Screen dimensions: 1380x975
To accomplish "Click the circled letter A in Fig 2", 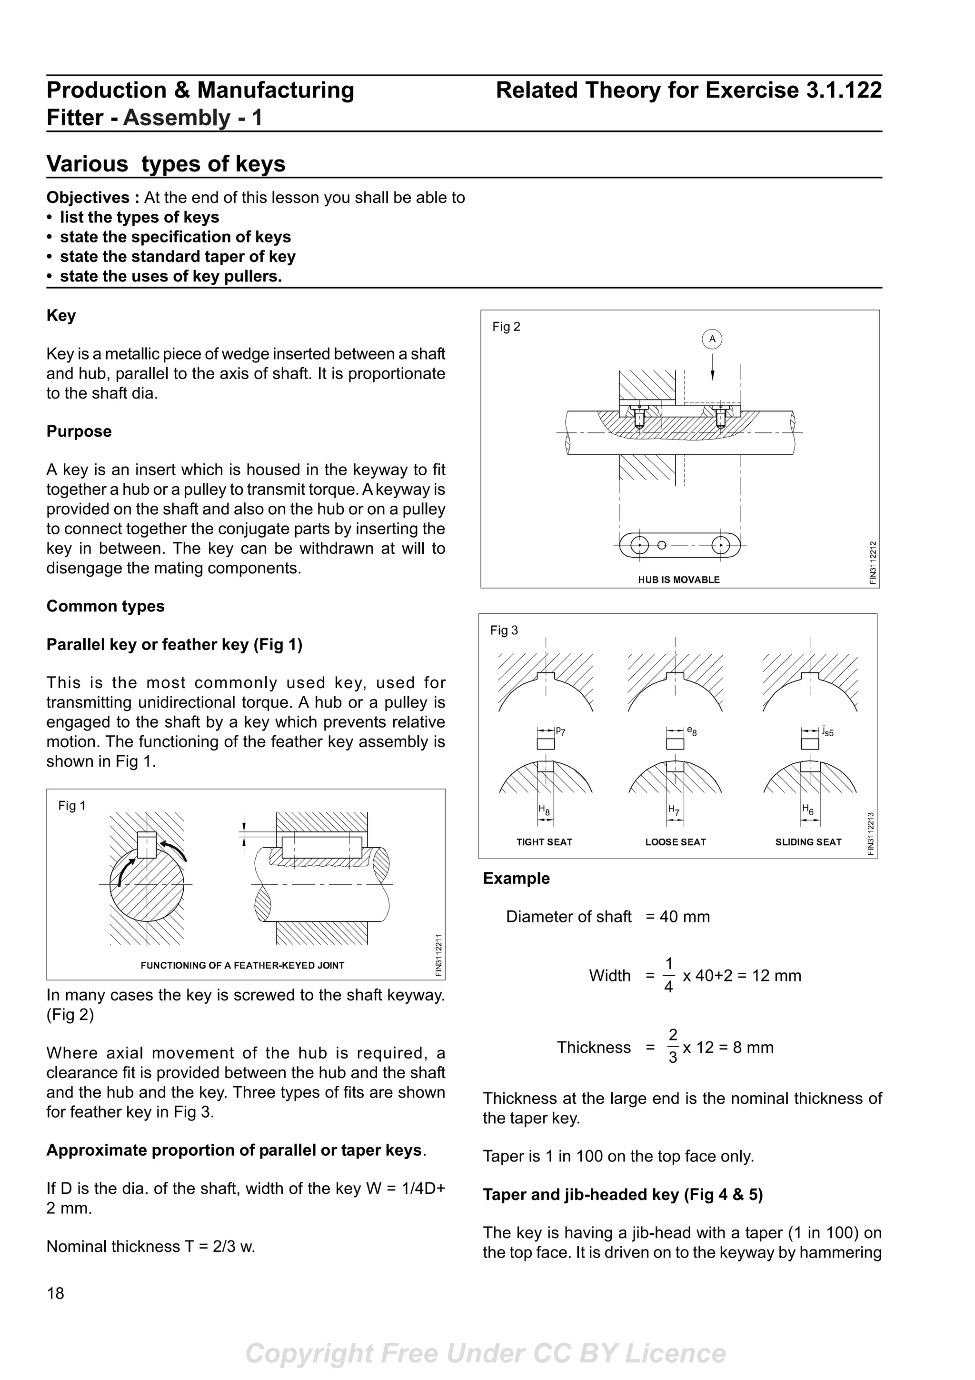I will click(712, 339).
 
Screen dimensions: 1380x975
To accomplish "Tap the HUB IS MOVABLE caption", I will click(678, 580).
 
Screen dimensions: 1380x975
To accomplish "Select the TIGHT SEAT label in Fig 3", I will click(544, 842).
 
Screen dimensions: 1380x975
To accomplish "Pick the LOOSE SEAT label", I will click(675, 842).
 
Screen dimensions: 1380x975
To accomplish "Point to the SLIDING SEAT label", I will click(808, 842).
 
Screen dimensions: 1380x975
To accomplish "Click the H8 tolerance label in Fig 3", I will click(544, 810).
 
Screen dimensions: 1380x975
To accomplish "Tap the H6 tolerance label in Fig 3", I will click(808, 810).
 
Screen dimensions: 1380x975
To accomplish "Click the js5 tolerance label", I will click(828, 731).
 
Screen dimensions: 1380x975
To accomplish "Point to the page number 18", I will click(55, 1293).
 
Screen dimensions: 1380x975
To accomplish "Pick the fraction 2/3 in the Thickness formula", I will click(673, 1047).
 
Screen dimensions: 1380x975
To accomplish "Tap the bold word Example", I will click(516, 878).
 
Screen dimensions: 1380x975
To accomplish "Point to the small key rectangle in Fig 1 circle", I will click(147, 844).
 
